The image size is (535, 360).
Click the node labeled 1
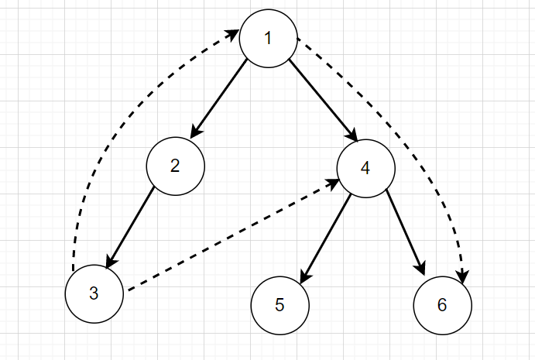click(x=268, y=38)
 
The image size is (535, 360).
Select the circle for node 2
click(x=176, y=165)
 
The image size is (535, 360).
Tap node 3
click(x=94, y=293)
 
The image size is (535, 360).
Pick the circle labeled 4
click(x=365, y=166)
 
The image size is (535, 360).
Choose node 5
click(x=280, y=303)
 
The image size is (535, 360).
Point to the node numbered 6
click(x=442, y=304)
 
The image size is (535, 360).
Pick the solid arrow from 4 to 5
click(x=325, y=235)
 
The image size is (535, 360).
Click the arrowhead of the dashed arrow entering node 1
click(x=232, y=35)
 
